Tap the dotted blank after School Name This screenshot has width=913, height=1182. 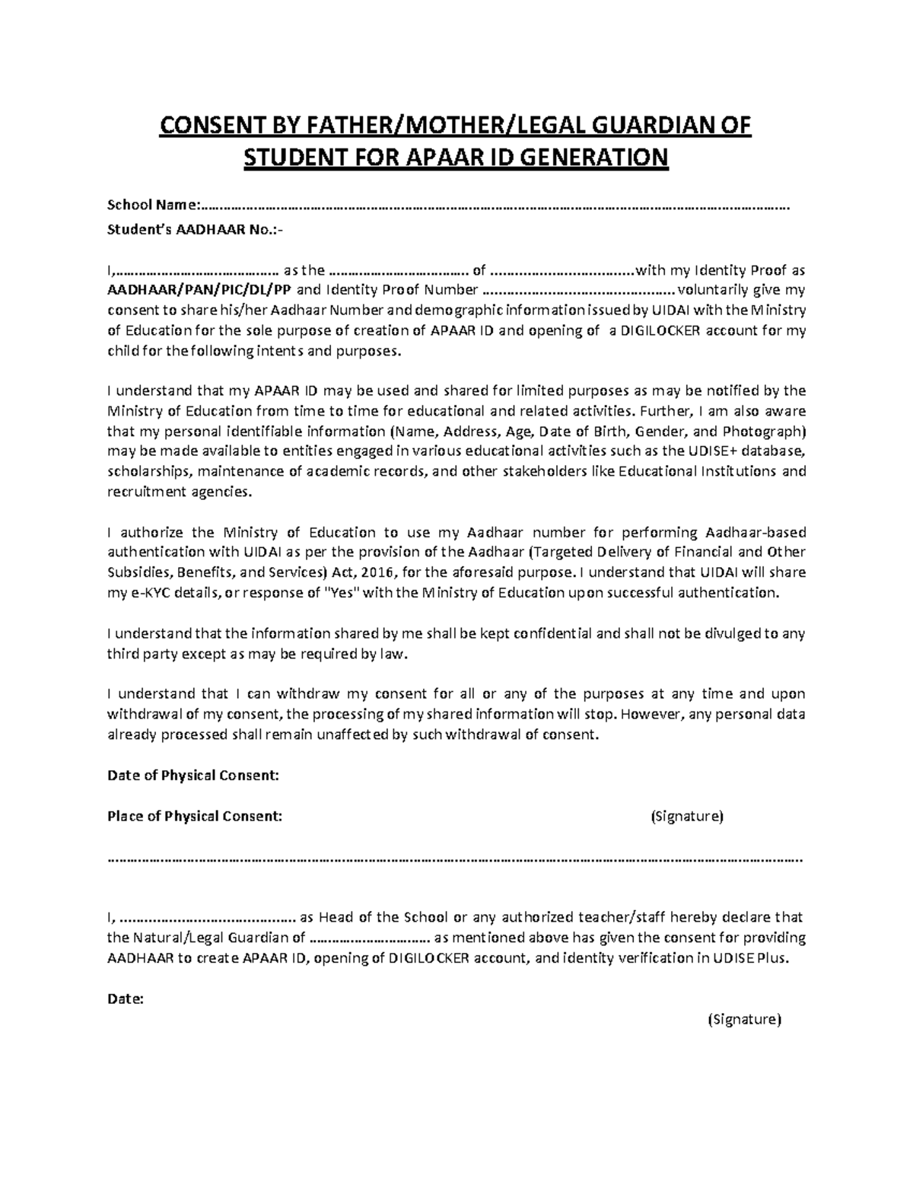[495, 205]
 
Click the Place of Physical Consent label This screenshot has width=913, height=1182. [195, 817]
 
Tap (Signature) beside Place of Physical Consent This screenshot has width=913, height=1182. [686, 817]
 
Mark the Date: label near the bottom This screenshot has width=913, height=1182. [126, 999]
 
